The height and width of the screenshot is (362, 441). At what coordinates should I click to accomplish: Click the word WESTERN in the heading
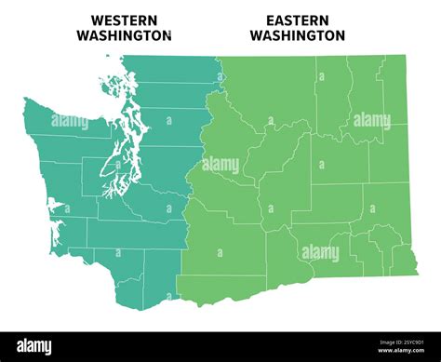tap(124, 20)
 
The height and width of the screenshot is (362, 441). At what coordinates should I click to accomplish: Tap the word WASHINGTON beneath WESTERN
tap(124, 35)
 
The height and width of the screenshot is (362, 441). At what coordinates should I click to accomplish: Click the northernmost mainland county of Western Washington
tap(167, 69)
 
